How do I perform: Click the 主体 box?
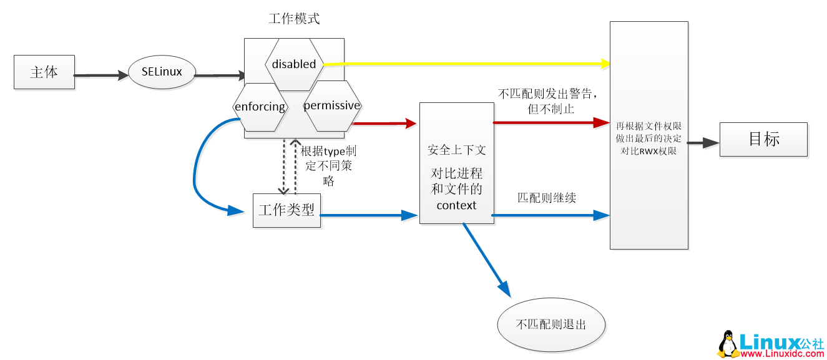[x=44, y=72]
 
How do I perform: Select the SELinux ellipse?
[x=162, y=72]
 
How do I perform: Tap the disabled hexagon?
[x=294, y=64]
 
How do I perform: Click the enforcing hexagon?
[x=260, y=107]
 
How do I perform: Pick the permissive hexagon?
[x=331, y=105]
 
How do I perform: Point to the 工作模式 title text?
[x=294, y=19]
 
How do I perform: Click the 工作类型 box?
[x=286, y=210]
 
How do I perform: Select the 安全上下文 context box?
[x=456, y=163]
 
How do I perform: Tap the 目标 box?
[x=763, y=139]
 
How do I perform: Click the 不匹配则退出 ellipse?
[x=551, y=325]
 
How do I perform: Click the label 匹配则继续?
[x=546, y=198]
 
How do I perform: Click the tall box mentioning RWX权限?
[x=648, y=135]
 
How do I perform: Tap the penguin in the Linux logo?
[x=726, y=344]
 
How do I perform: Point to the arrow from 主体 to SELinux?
[x=100, y=75]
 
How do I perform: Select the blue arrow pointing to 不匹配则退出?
[x=487, y=258]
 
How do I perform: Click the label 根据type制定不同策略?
[x=328, y=166]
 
